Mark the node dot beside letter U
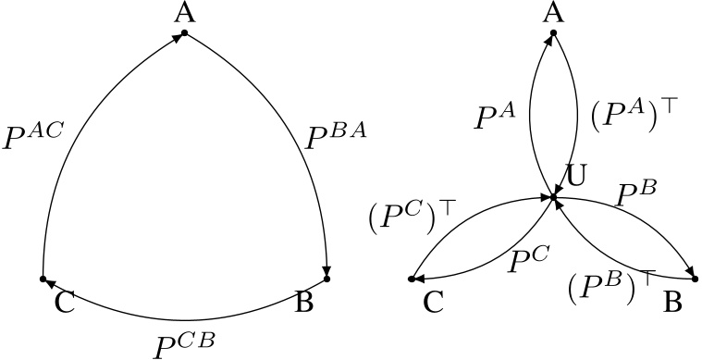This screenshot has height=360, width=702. click(553, 196)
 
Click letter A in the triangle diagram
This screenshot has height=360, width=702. click(184, 12)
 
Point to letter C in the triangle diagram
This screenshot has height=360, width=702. click(64, 304)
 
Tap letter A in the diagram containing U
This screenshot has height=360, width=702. click(553, 12)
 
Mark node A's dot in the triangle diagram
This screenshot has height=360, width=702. click(184, 33)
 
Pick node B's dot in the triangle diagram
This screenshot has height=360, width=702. click(326, 278)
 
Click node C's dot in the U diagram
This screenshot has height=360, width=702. click(412, 278)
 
